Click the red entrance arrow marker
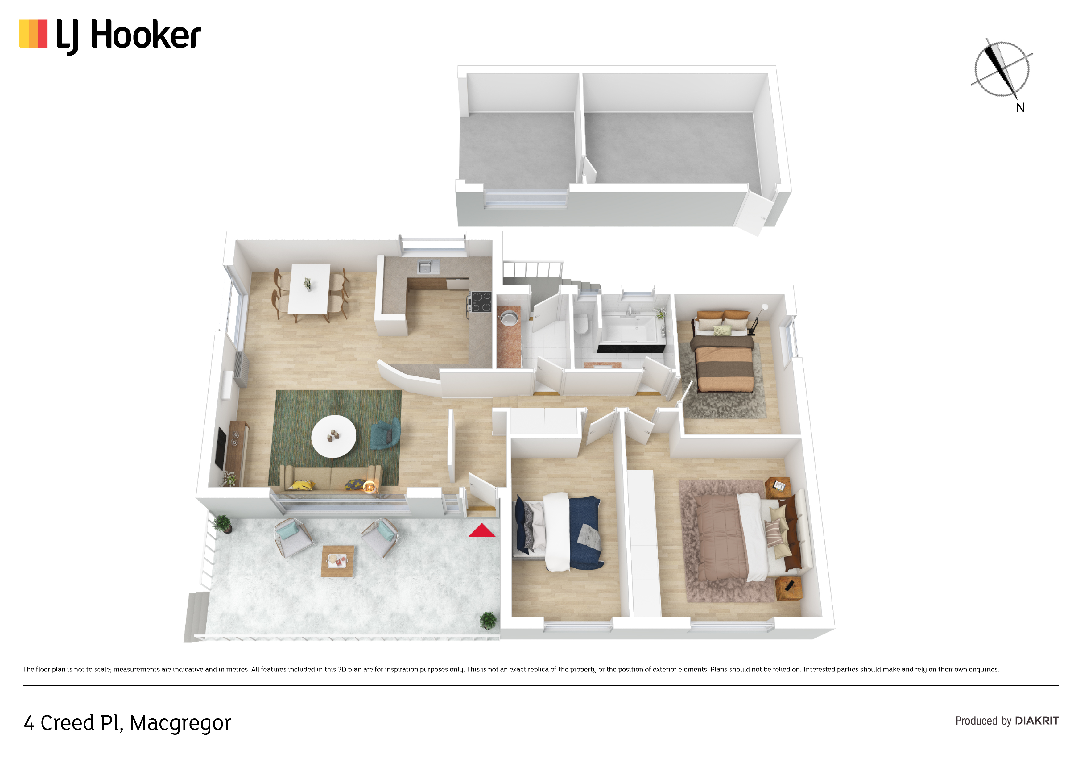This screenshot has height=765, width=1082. [x=481, y=531]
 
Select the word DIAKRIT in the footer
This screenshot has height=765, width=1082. [x=1037, y=721]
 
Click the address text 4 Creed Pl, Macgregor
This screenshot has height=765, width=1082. [x=127, y=723]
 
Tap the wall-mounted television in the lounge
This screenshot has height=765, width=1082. [x=221, y=448]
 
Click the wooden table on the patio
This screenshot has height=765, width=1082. [x=337, y=561]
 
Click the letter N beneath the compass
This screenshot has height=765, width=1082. [x=1020, y=108]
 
